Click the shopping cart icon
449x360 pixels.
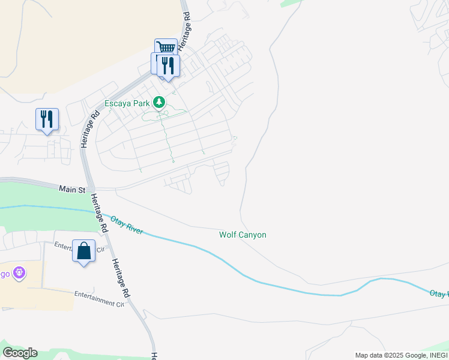coord(166,48)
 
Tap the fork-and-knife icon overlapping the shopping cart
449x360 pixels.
coord(168,65)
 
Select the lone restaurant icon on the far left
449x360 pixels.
coord(47,119)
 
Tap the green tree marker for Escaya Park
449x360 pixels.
coord(159,103)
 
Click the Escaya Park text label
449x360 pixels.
coord(126,103)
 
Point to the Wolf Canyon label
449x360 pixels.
coord(243,235)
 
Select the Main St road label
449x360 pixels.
coord(72,189)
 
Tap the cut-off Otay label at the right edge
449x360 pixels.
coord(439,293)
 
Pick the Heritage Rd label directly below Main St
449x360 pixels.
coord(100,212)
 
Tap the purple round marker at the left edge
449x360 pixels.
coord(19,273)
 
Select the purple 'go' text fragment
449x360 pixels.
coord(5,274)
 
